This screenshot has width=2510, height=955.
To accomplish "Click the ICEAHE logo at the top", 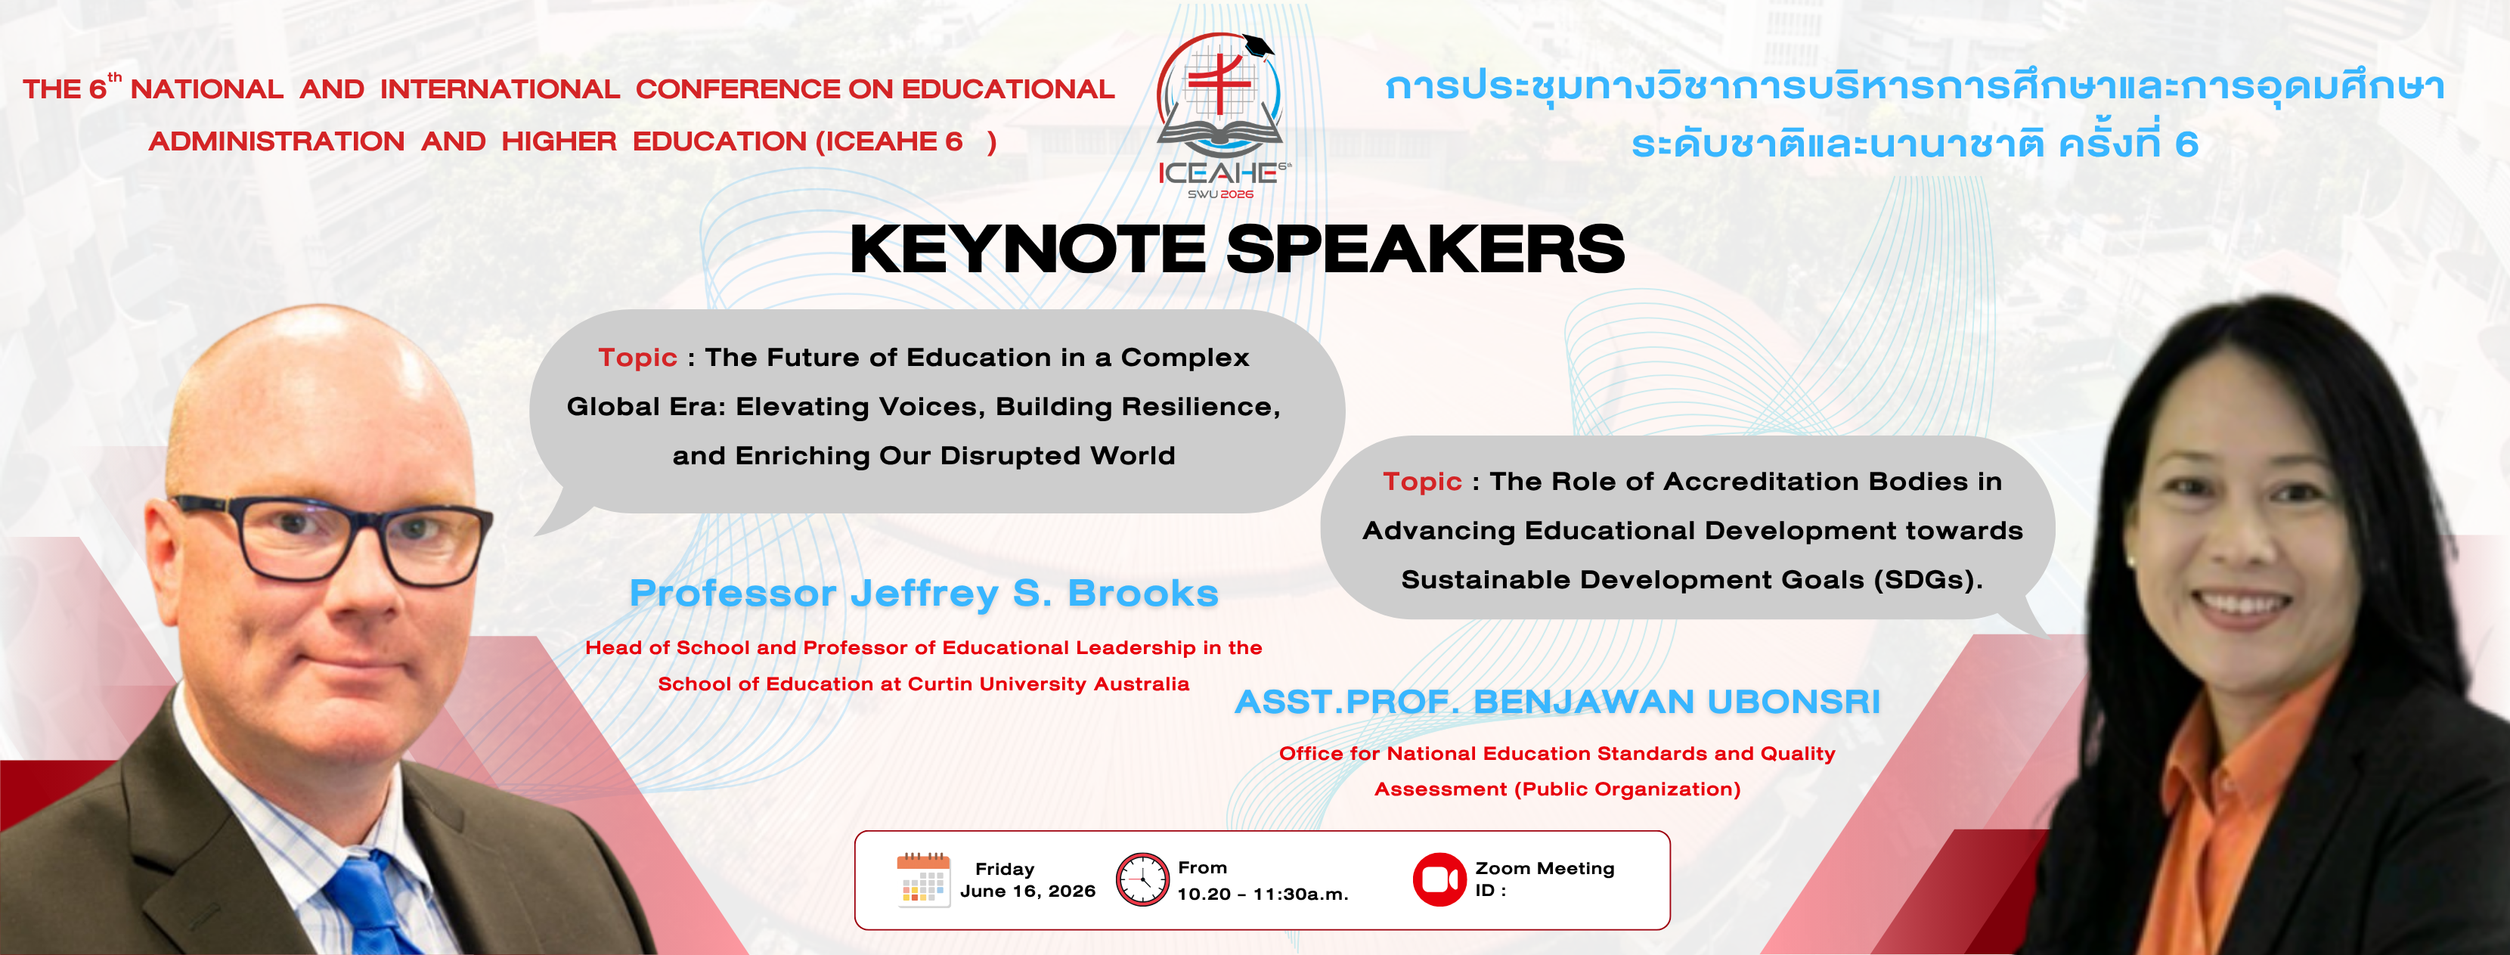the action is pyautogui.click(x=1221, y=115).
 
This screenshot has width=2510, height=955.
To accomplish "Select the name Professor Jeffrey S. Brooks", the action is pyautogui.click(x=924, y=594).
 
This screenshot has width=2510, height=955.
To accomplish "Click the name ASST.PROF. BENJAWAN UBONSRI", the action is pyautogui.click(x=1557, y=702).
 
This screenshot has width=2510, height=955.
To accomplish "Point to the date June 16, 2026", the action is pyautogui.click(x=1028, y=891).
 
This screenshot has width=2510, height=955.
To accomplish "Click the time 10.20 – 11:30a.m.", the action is pyautogui.click(x=1263, y=895).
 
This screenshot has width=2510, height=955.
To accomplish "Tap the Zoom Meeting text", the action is pyautogui.click(x=1545, y=868).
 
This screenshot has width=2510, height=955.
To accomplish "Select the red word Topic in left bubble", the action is pyautogui.click(x=637, y=358).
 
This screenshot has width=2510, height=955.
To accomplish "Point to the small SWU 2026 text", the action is pyautogui.click(x=1220, y=194).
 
